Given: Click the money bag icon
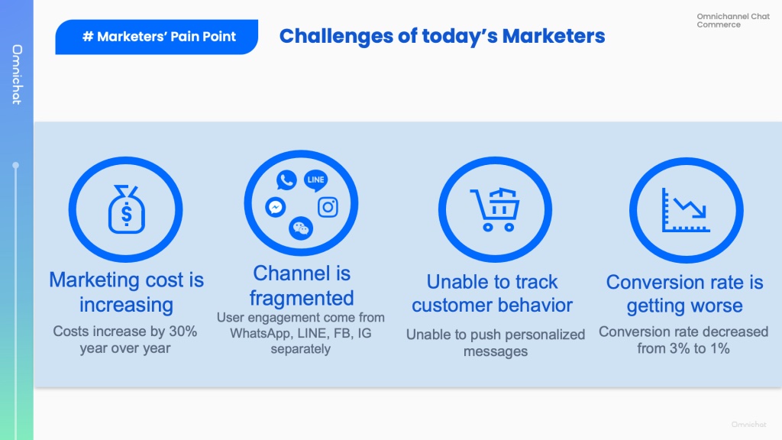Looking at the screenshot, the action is tap(126, 209).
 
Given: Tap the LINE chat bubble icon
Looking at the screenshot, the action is tap(315, 180).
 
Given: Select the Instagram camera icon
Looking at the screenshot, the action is tap(328, 207).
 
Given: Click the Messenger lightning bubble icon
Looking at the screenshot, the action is tap(275, 207).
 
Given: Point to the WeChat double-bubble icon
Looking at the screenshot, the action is tap(301, 228).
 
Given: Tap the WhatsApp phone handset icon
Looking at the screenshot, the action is tap(286, 180).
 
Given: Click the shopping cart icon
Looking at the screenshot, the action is tap(495, 209).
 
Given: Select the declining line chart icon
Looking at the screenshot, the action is tap(686, 210).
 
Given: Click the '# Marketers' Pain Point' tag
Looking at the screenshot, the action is tap(157, 37).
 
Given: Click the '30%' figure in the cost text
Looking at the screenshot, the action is tap(183, 332).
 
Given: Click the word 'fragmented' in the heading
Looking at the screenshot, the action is tap(302, 299).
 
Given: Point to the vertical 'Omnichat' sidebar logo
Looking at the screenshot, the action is tap(17, 75).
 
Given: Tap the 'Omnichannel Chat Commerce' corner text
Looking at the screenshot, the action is tap(733, 21).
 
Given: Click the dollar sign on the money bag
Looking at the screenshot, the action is tap(127, 214).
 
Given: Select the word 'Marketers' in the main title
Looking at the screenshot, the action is tap(554, 37).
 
